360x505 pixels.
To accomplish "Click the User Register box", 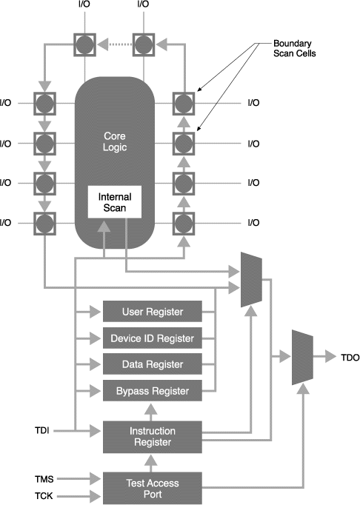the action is [x=153, y=312].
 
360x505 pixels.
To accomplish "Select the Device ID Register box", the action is [x=153, y=338].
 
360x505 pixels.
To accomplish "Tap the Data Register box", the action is [x=153, y=364].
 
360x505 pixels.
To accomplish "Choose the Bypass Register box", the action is [x=153, y=391].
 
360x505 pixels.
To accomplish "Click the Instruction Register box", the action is [x=153, y=437].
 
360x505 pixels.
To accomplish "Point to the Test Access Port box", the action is [x=153, y=488].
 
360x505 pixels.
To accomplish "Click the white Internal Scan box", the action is [x=115, y=202].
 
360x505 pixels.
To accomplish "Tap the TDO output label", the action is [x=350, y=358].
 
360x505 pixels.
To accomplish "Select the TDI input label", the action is [x=42, y=430].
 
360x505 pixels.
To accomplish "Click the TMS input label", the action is [x=44, y=479].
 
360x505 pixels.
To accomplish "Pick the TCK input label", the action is [x=44, y=495].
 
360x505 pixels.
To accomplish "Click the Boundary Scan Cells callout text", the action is [x=295, y=48].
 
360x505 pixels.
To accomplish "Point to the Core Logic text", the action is [x=115, y=141].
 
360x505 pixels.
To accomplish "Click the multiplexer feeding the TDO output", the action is [x=302, y=357].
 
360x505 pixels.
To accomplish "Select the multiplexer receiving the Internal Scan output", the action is [x=251, y=280].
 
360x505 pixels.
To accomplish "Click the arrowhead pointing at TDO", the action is [x=330, y=356].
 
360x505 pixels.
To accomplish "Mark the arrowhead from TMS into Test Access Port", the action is [x=96, y=479].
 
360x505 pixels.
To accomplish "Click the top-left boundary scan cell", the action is [x=84, y=44].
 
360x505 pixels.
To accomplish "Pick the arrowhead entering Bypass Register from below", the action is [x=150, y=409].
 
